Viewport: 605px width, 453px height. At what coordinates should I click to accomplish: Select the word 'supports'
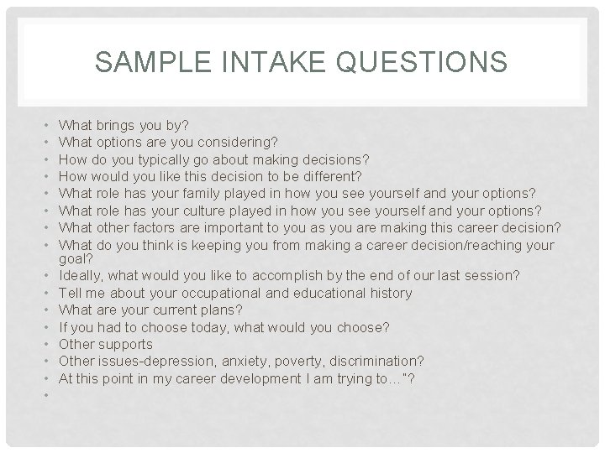point(126,344)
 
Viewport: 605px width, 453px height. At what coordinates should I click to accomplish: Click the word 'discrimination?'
point(378,361)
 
